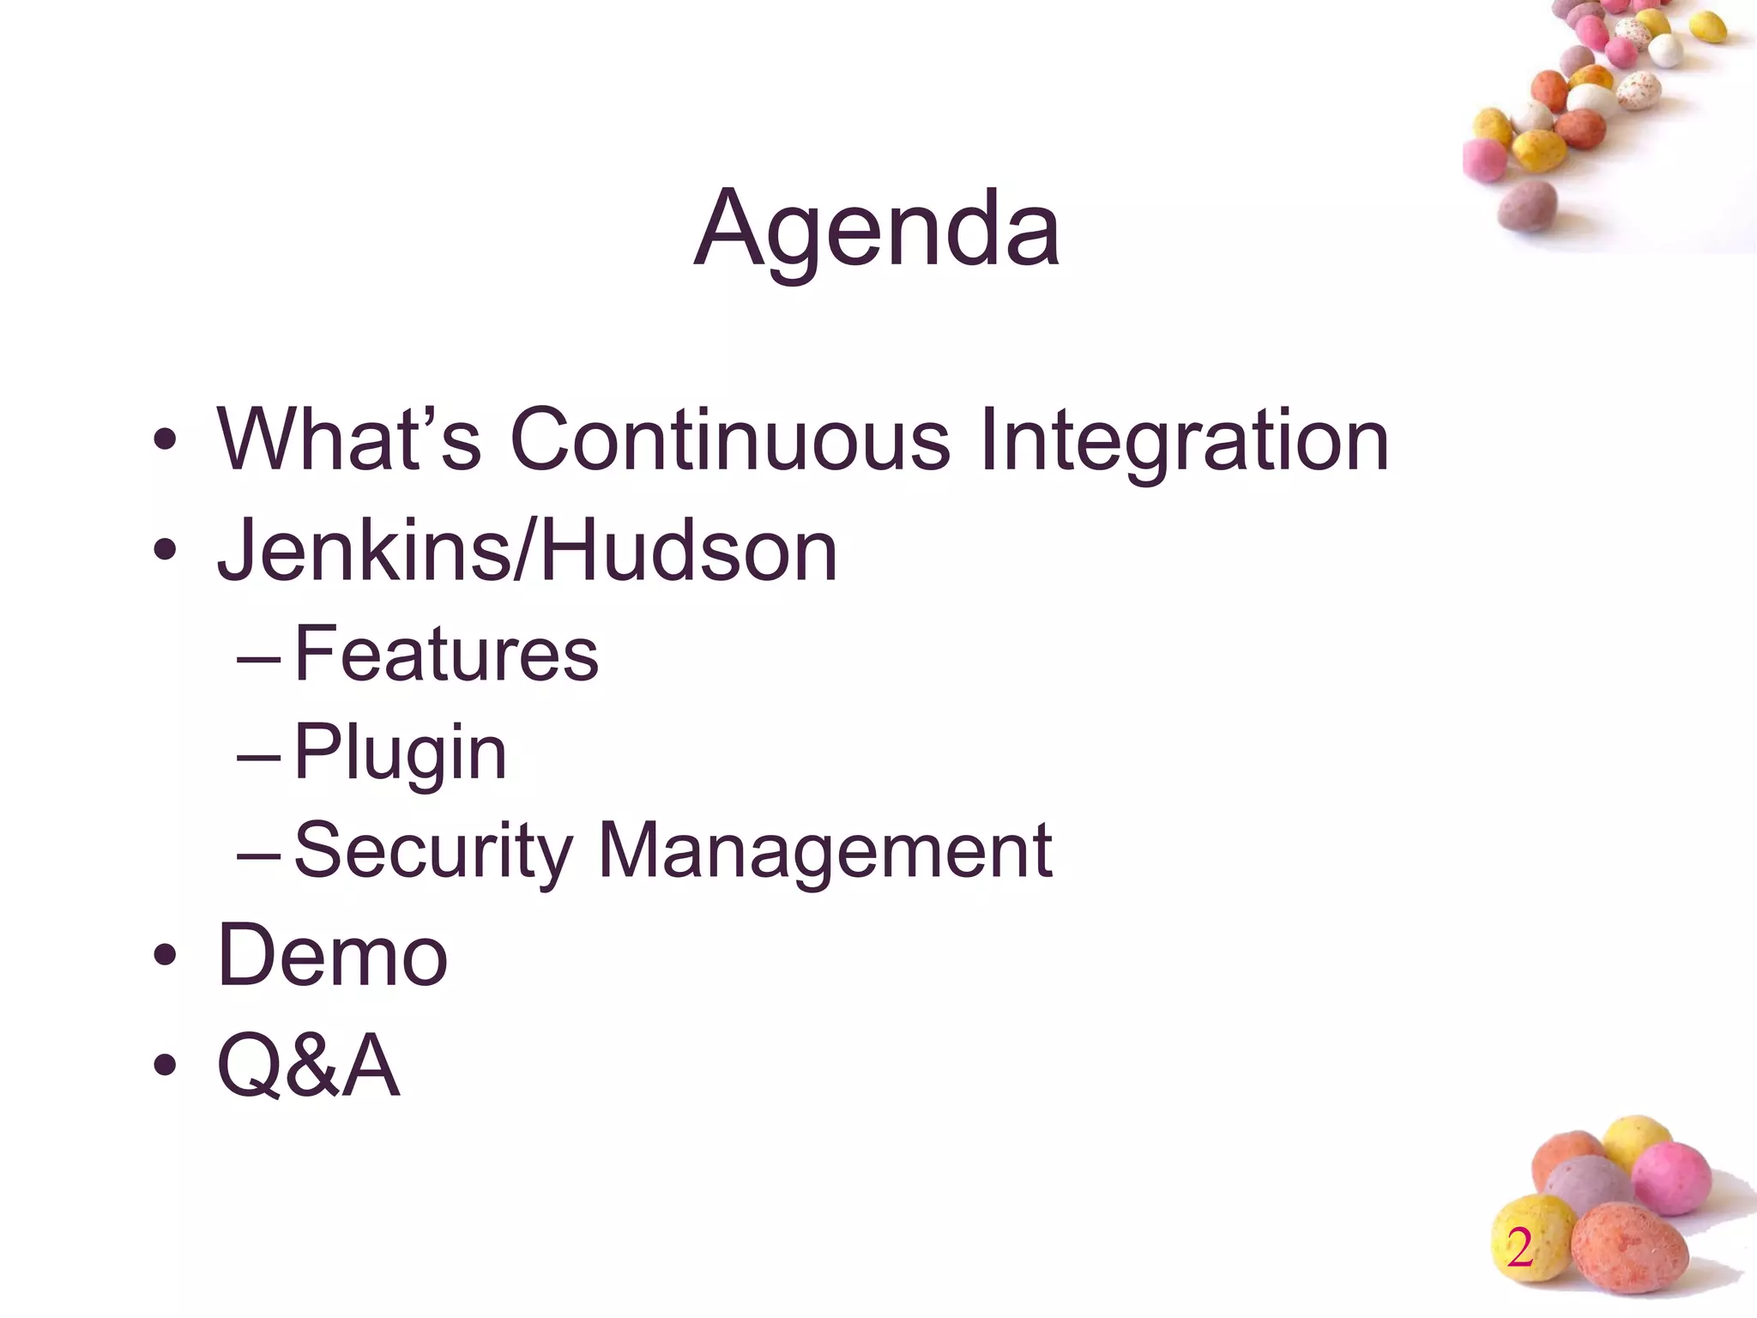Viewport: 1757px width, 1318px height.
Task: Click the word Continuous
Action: point(729,440)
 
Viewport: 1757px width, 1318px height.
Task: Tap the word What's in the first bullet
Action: point(348,440)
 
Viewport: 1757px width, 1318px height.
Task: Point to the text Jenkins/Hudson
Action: point(527,551)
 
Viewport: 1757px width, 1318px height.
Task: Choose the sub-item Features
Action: point(446,654)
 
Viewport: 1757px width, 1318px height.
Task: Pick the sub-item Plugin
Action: point(400,753)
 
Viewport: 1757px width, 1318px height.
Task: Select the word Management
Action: point(824,851)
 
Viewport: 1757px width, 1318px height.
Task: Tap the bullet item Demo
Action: point(333,955)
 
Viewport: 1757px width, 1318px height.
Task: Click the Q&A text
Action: point(309,1066)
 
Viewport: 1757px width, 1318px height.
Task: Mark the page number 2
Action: point(1519,1248)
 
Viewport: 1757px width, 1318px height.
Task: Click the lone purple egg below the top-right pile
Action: point(1528,206)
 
